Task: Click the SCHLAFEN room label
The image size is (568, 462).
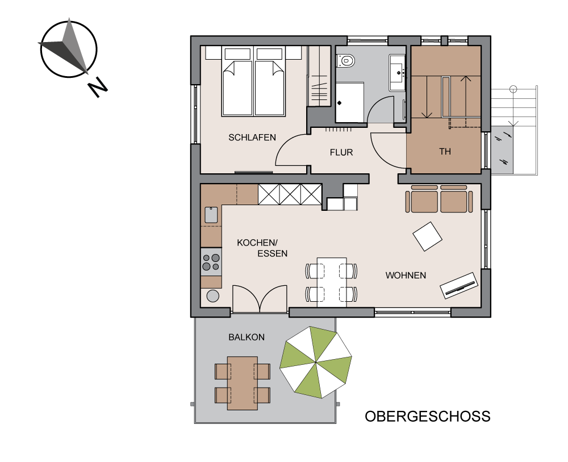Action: pos(252,138)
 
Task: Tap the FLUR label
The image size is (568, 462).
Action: pos(341,152)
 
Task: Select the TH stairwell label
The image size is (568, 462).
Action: pos(445,152)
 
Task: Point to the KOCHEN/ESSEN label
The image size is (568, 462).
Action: pos(262,248)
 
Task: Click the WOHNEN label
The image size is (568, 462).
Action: pos(406,276)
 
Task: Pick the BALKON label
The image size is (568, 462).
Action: pos(247,337)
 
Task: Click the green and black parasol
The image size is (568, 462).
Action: pos(315,362)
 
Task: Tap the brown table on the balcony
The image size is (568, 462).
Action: pos(242,383)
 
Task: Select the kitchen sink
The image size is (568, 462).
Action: pos(211,215)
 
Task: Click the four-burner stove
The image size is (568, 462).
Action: pos(211,262)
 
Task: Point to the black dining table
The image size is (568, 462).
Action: pos(332,281)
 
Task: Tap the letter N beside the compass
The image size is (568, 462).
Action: pos(98,88)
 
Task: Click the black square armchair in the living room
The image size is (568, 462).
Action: pos(427,236)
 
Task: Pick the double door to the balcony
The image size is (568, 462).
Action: pos(260,298)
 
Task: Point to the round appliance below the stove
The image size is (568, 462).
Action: pos(213,295)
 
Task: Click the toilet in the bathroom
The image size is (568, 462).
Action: pos(345,61)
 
